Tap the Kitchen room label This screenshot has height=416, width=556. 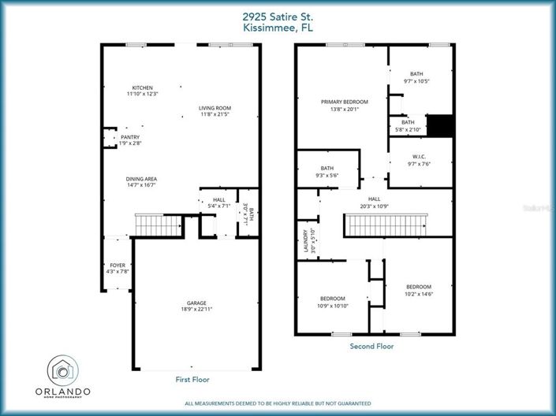(142, 87)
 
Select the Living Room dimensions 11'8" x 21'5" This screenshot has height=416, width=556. (215, 115)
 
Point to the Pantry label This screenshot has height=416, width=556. (130, 137)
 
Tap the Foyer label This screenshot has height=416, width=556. (117, 266)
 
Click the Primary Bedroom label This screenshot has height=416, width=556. (344, 102)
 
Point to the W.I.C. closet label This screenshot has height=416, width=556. (419, 157)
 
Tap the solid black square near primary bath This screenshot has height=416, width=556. (439, 125)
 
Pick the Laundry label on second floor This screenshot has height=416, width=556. (305, 243)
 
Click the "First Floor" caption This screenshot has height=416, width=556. (194, 379)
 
